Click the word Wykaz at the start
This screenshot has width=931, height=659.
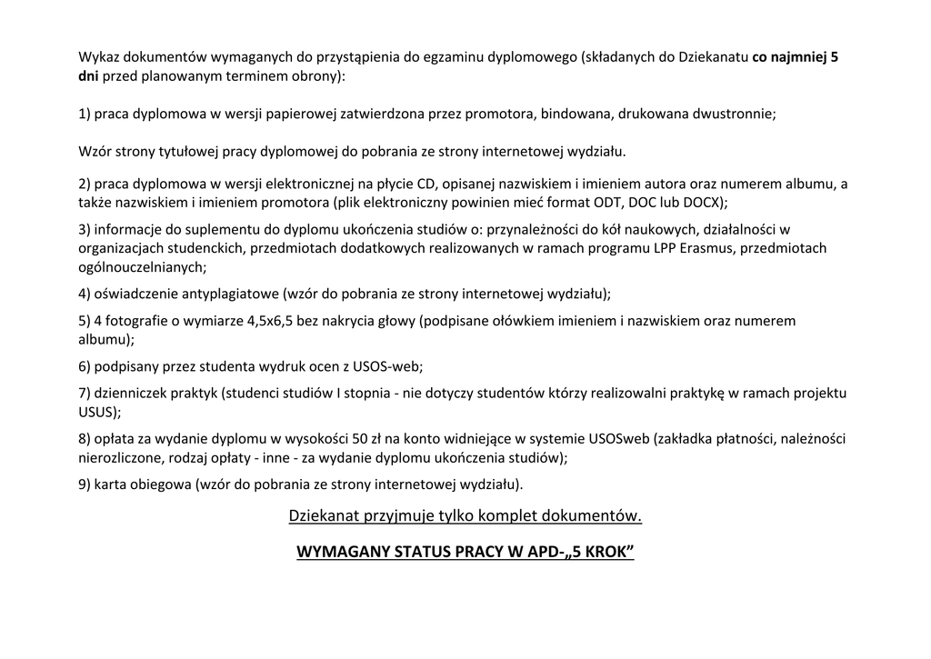click(x=97, y=57)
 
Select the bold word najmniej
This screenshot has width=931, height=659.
click(x=799, y=57)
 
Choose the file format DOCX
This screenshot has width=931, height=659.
click(x=706, y=202)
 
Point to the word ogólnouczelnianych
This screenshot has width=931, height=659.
click(x=140, y=267)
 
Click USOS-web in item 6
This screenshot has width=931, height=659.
click(x=391, y=367)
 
